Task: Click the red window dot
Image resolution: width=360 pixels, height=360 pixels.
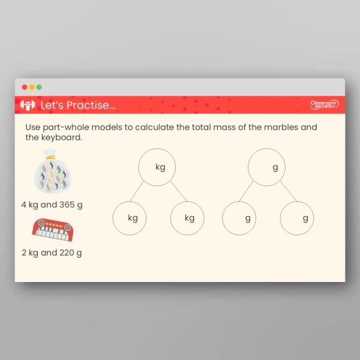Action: [25, 87]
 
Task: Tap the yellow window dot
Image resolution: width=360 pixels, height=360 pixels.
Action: [32, 87]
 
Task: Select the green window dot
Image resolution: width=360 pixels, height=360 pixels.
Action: [39, 87]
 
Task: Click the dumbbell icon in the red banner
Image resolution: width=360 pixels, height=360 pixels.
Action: [28, 105]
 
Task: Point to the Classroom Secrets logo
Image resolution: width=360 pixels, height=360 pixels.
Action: [324, 105]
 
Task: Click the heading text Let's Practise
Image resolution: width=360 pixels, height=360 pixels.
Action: [77, 106]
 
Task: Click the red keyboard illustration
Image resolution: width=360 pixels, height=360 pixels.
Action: [52, 230]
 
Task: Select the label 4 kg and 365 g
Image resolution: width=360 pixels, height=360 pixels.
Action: [52, 205]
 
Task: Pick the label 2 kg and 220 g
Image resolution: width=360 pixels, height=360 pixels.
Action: [52, 253]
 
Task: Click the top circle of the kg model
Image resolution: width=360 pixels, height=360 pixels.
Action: [157, 167]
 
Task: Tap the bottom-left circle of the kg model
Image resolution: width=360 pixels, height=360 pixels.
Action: [131, 218]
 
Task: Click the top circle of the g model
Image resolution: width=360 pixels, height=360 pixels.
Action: [267, 167]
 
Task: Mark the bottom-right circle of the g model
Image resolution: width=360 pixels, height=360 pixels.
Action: [298, 218]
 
